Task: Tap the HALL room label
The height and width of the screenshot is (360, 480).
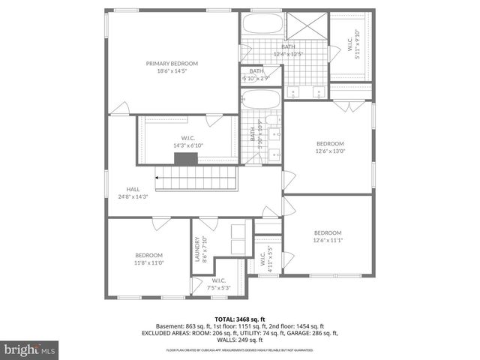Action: pos(133,189)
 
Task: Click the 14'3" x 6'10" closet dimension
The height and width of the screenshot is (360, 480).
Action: pos(188,145)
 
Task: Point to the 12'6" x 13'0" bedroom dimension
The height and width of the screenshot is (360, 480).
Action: pos(329,151)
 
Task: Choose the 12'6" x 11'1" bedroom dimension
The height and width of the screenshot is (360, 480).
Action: pos(327,240)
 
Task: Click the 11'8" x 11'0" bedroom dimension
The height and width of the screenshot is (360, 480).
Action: pos(148,262)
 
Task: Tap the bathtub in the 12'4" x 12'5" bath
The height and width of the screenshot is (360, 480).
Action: pos(261,24)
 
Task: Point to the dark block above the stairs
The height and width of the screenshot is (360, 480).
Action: pos(185,158)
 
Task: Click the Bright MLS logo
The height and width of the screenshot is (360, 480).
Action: pos(30,349)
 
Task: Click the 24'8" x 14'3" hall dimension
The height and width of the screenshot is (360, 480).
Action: pos(133,196)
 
